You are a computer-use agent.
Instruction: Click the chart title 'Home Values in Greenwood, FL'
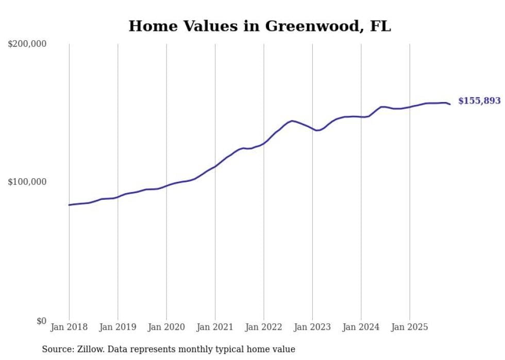[x=260, y=26]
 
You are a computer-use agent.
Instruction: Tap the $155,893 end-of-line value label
[x=479, y=101]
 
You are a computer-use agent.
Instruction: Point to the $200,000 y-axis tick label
[x=27, y=44]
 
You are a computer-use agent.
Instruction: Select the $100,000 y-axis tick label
[x=27, y=182]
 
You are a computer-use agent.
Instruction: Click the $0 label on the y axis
[x=41, y=321]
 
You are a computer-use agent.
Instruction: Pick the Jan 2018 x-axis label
[x=69, y=327]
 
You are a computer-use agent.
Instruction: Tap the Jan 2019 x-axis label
[x=118, y=327]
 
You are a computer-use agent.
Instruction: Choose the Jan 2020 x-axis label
[x=166, y=327]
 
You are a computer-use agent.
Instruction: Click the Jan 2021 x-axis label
[x=215, y=327]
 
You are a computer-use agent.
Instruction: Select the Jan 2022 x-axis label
[x=264, y=327]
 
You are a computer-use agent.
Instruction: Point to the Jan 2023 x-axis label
[x=312, y=327]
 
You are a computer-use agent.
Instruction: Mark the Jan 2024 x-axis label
[x=361, y=327]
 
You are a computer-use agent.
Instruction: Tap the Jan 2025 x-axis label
[x=410, y=327]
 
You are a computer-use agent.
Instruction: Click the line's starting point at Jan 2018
[x=69, y=205]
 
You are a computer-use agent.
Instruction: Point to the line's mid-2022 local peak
[x=292, y=121]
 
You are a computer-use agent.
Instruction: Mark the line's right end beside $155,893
[x=450, y=105]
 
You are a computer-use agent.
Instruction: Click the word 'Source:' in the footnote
[x=58, y=349]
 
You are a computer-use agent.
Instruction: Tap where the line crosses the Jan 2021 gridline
[x=215, y=166]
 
